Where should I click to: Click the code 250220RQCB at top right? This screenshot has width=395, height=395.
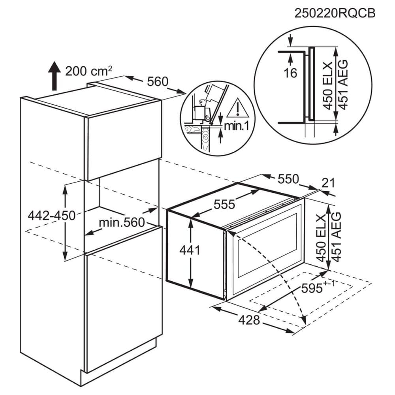click(x=335, y=13)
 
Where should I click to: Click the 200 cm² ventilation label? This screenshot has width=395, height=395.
click(x=88, y=71)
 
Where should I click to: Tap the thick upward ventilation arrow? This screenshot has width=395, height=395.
click(x=54, y=76)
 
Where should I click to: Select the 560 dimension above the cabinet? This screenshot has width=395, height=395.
click(x=158, y=81)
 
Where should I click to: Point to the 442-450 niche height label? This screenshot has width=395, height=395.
click(x=52, y=216)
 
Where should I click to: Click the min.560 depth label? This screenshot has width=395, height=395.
click(x=122, y=222)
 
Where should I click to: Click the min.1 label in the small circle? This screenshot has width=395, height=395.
click(x=236, y=126)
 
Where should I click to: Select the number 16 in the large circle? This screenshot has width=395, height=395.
click(x=290, y=73)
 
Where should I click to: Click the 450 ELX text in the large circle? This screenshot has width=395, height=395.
click(x=328, y=86)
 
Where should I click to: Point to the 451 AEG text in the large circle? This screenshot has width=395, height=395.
click(x=343, y=85)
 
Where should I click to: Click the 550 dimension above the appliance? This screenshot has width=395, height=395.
click(x=288, y=179)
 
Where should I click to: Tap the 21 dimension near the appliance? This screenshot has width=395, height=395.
click(x=328, y=183)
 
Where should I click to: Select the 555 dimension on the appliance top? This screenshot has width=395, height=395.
click(x=224, y=204)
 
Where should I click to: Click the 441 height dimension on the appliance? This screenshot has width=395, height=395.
click(x=190, y=250)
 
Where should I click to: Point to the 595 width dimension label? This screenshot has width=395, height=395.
click(x=318, y=288)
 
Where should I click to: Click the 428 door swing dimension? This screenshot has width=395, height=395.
click(x=249, y=320)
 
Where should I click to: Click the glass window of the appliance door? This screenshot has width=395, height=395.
click(x=267, y=245)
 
